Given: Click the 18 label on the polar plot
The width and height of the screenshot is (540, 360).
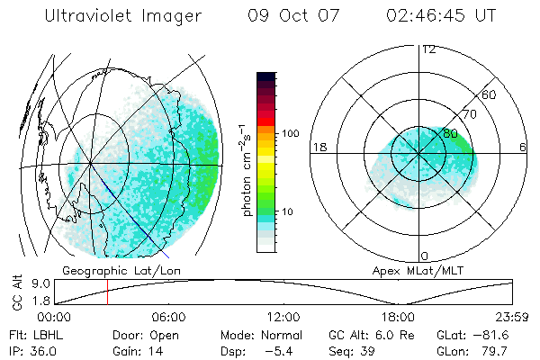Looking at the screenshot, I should [x=318, y=146].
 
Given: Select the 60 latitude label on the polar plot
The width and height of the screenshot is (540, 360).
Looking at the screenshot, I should [x=490, y=94].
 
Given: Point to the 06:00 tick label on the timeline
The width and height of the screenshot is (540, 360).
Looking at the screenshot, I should [x=169, y=318].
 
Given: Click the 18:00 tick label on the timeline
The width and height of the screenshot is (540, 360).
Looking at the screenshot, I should [x=398, y=318].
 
